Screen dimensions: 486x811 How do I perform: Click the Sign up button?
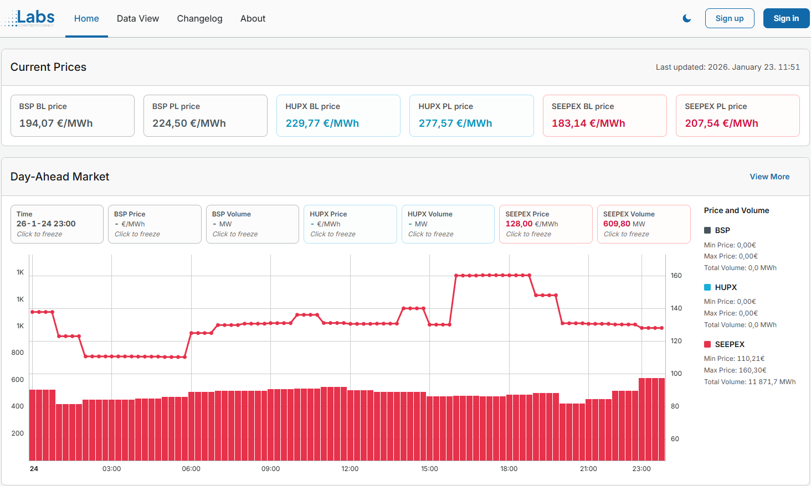pyautogui.click(x=729, y=18)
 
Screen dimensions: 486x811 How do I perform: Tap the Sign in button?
pyautogui.click(x=786, y=18)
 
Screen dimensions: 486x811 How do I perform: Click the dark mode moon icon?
pyautogui.click(x=687, y=18)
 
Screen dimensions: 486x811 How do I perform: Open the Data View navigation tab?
pyautogui.click(x=138, y=18)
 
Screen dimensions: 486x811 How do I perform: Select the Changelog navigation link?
pyautogui.click(x=199, y=18)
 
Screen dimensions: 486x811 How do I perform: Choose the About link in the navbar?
pyautogui.click(x=253, y=18)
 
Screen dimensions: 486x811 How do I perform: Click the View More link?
pyautogui.click(x=769, y=177)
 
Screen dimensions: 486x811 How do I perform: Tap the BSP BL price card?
pyautogui.click(x=73, y=115)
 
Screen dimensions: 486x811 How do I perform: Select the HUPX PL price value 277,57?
pyautogui.click(x=455, y=123)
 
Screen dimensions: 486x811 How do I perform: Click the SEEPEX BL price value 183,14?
pyautogui.click(x=588, y=123)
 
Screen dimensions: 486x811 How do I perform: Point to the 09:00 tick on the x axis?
pyautogui.click(x=270, y=469)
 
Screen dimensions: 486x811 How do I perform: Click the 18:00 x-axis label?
pyautogui.click(x=509, y=469)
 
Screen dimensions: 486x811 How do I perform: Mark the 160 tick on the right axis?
pyautogui.click(x=676, y=276)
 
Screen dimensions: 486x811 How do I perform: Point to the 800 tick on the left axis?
pyautogui.click(x=18, y=353)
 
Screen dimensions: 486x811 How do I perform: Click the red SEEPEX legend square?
pyautogui.click(x=707, y=344)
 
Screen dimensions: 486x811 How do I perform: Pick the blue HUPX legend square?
pyautogui.click(x=707, y=287)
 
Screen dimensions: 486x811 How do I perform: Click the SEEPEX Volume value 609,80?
pyautogui.click(x=617, y=224)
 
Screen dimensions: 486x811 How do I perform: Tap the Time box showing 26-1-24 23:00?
pyautogui.click(x=57, y=224)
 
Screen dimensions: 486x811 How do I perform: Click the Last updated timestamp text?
pyautogui.click(x=727, y=67)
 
